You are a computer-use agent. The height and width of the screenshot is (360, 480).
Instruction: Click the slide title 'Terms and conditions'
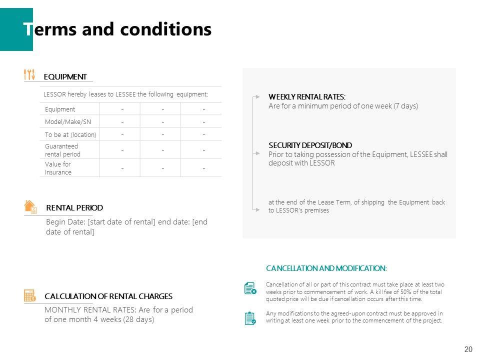[117, 29]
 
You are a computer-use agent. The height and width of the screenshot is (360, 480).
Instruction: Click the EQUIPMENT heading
[65, 77]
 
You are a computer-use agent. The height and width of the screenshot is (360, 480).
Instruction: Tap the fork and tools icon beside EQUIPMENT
[29, 74]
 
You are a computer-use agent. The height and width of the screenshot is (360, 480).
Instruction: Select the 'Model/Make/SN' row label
[68, 121]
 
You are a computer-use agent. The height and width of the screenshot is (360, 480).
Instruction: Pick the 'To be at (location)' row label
[70, 134]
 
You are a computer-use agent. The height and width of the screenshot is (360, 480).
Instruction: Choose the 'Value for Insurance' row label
[58, 168]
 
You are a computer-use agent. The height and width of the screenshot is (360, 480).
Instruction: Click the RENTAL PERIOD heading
[74, 207]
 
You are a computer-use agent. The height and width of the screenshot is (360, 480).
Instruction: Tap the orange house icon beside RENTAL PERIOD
[30, 206]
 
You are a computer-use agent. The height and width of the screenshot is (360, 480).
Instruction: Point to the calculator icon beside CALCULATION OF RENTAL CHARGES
[29, 295]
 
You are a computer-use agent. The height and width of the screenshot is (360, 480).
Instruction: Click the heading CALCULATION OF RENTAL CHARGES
[108, 296]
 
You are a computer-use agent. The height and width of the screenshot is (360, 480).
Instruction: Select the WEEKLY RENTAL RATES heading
[306, 97]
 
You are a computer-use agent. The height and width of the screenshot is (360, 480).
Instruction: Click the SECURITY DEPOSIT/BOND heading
[310, 145]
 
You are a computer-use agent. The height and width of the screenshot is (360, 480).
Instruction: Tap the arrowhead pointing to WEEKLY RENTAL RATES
[257, 95]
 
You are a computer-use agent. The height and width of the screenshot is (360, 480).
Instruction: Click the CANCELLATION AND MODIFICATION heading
[326, 268]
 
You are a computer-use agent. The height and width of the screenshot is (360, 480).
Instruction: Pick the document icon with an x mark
[250, 288]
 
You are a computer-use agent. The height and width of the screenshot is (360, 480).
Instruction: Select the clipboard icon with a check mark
[250, 318]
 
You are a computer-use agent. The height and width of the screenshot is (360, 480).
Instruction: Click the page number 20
[468, 349]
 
